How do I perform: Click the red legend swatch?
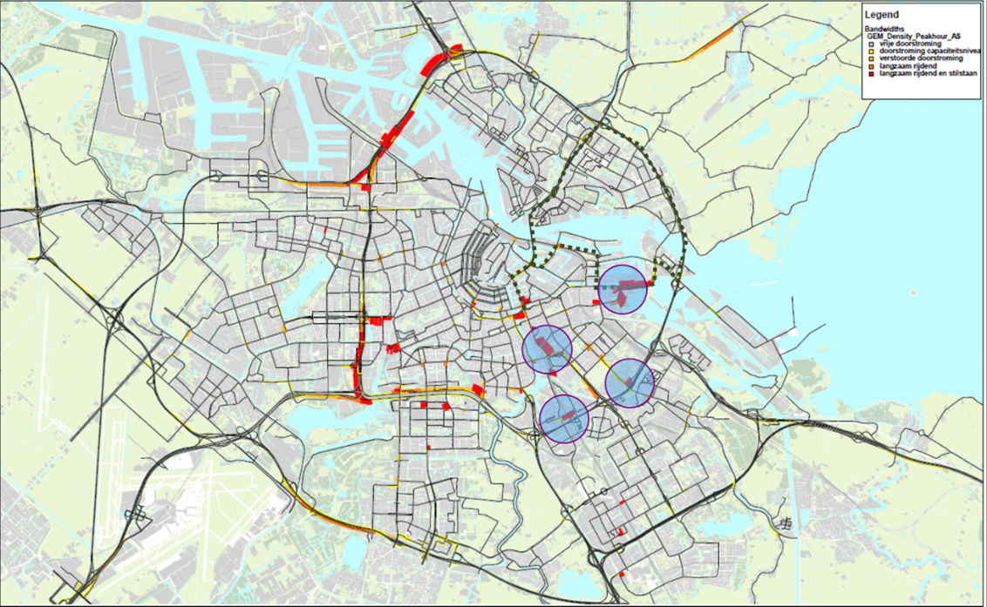871,74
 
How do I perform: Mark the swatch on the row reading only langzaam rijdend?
871,67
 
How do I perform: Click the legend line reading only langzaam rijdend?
907,67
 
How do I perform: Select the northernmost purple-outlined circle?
623,290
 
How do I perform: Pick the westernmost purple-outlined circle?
547,348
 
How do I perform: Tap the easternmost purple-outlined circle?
630,382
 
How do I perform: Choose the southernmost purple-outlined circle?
564,419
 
